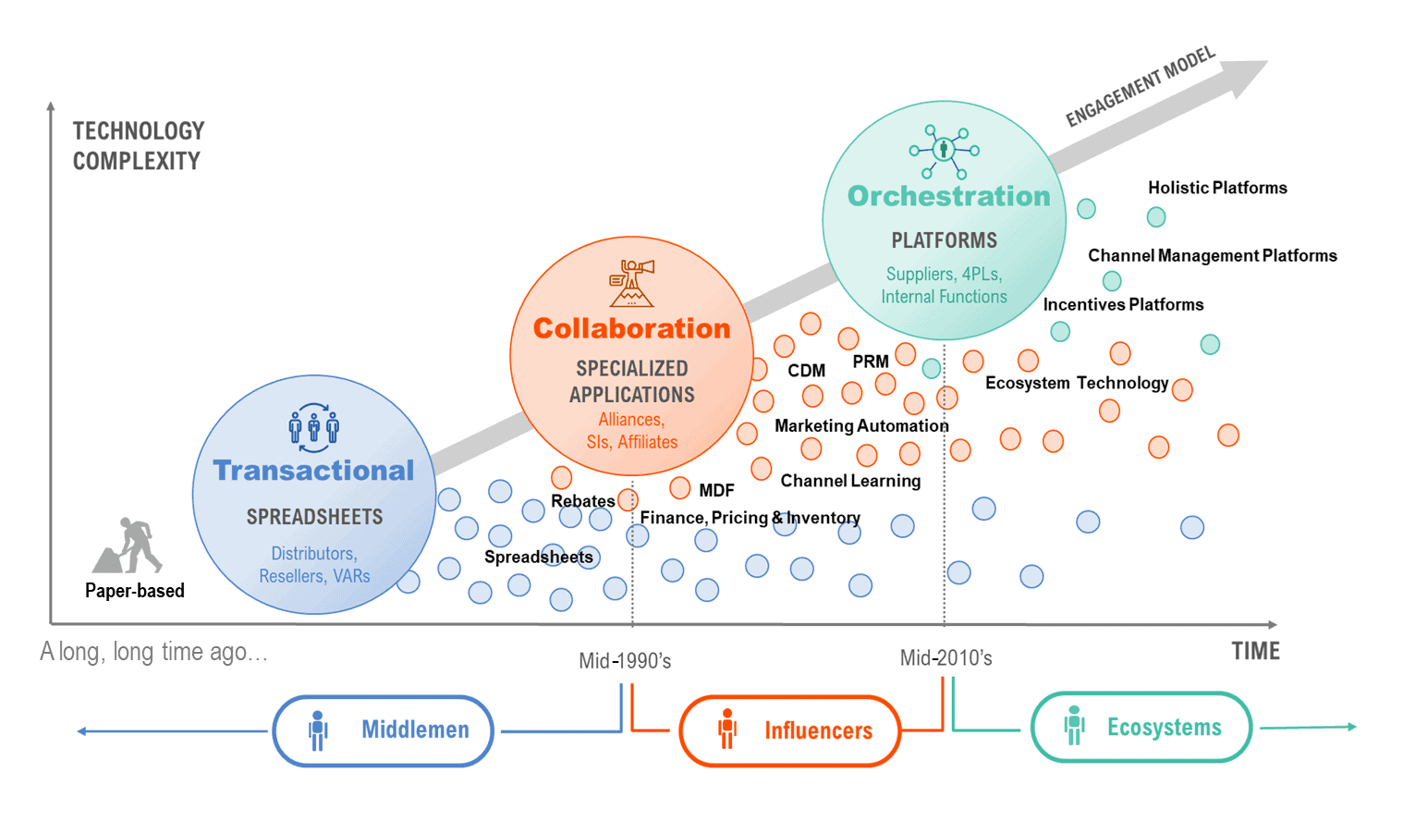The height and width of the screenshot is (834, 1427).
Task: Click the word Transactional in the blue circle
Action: tap(313, 471)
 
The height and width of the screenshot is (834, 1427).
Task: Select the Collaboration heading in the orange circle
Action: tap(631, 328)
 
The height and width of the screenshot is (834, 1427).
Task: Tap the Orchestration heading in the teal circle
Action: tap(948, 196)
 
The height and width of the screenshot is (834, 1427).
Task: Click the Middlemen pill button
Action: tap(383, 730)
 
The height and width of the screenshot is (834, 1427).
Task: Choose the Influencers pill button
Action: tap(789, 731)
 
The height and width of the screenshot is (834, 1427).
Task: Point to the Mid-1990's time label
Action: tap(625, 661)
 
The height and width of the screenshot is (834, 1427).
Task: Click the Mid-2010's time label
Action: tap(945, 658)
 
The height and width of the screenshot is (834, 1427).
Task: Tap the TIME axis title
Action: tap(1255, 651)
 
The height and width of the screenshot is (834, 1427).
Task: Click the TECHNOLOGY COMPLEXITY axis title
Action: tap(139, 146)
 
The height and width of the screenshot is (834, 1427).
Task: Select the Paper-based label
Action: tap(135, 591)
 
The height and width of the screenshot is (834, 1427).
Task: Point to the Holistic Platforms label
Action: tap(1217, 188)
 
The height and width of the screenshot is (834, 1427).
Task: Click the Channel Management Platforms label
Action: tap(1212, 255)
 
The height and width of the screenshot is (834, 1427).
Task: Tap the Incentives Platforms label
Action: tap(1123, 304)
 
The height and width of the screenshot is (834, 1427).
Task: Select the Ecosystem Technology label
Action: tap(1077, 383)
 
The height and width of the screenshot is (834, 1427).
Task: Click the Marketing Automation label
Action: tap(861, 425)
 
